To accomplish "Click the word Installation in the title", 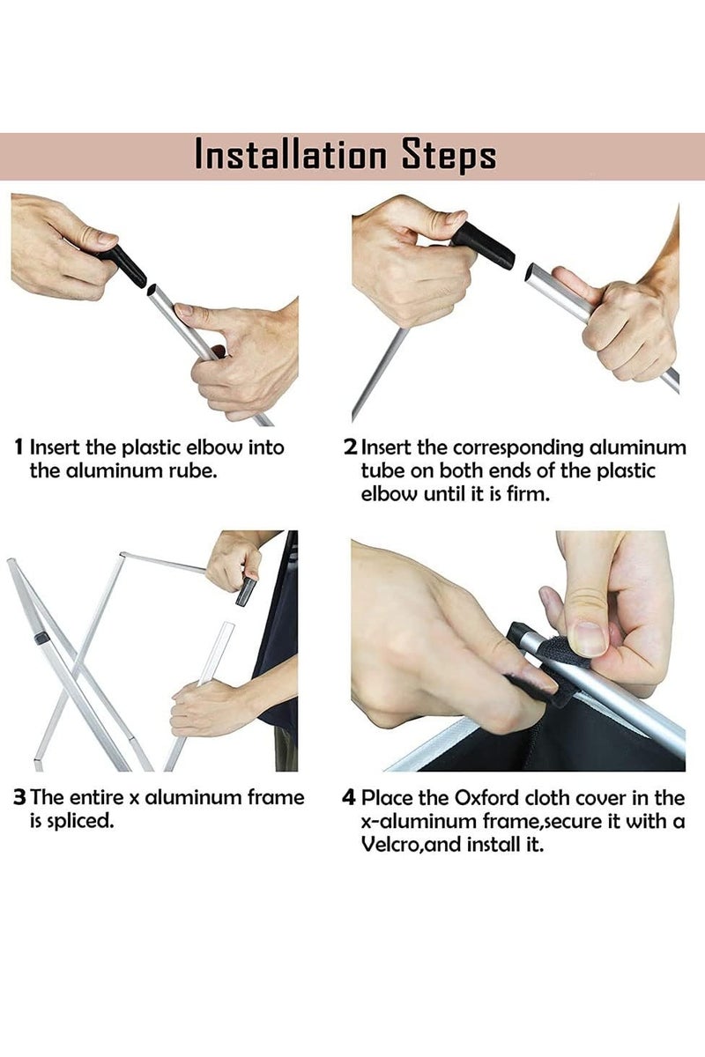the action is tap(291, 155).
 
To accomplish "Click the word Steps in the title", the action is tap(449, 156).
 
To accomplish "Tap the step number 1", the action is tap(19, 447).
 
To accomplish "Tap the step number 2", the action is tap(351, 447).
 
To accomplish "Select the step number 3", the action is tap(20, 797).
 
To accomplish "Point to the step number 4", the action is tap(348, 798).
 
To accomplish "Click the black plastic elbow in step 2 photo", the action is tap(484, 246).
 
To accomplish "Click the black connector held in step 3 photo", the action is tap(246, 591).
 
